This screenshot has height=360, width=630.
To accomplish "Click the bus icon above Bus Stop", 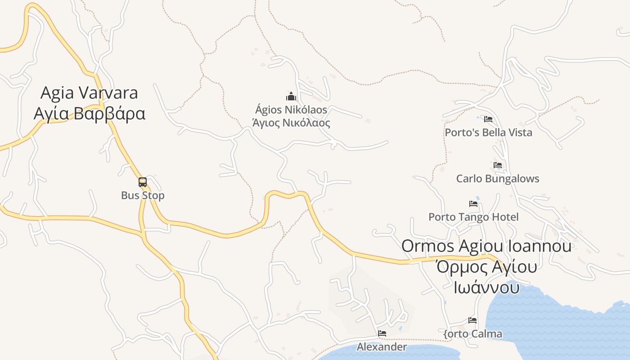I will (143, 182).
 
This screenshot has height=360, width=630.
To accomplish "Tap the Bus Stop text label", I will (143, 196).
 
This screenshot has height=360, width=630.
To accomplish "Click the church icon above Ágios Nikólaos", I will (291, 96).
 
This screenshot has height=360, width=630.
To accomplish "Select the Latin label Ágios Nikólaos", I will (291, 110).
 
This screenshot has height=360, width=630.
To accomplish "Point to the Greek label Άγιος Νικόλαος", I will (291, 123).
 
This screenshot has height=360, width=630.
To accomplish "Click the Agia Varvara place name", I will (89, 93).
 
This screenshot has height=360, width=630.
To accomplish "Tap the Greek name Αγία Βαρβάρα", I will (89, 113).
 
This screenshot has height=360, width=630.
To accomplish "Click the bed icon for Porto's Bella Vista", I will (488, 119).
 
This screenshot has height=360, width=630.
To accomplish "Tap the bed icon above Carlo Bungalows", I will (498, 165).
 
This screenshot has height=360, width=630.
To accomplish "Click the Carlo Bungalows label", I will (498, 179).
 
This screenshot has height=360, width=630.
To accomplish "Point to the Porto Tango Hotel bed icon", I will (473, 204).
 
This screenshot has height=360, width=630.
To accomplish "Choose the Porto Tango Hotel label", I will (473, 217).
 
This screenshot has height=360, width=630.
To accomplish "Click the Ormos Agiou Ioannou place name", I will (486, 246).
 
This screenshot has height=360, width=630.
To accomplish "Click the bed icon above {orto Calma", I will (472, 320).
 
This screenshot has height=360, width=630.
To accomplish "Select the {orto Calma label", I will (472, 334).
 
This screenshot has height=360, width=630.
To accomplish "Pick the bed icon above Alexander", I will (382, 333).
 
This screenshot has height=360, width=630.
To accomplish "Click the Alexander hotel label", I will (382, 347).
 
